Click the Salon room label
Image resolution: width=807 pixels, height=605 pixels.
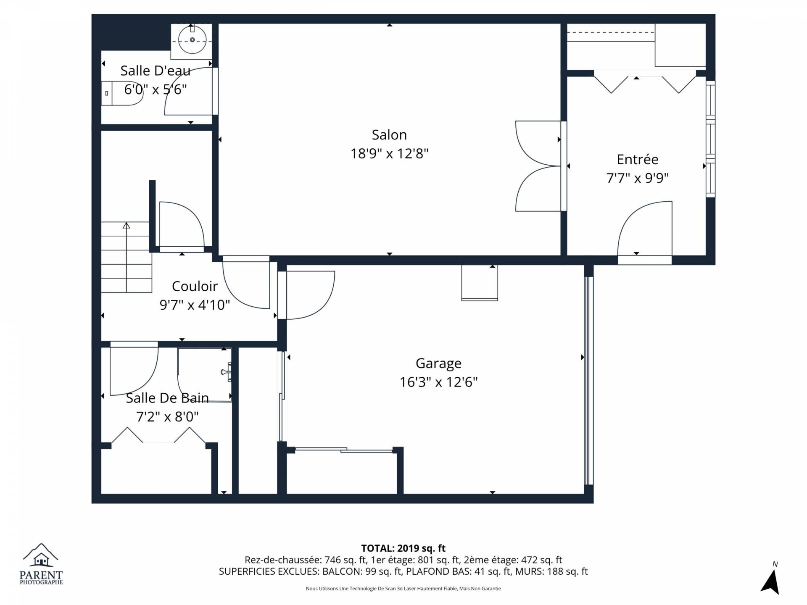[389, 135]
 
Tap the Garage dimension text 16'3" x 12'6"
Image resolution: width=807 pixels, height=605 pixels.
[438, 382]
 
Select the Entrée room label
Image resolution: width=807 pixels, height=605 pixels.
[638, 159]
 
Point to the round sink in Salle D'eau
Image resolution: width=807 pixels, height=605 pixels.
[193, 40]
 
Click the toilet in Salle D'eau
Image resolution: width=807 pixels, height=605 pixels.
[122, 93]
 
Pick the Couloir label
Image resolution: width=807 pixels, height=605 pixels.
[195, 286]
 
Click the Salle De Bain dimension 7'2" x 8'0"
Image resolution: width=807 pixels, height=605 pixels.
[167, 417]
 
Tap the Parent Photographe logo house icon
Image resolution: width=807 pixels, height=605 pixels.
[41, 559]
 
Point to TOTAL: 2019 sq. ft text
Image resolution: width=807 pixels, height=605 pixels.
[403, 548]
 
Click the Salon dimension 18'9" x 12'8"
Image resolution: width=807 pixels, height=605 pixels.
[389, 153]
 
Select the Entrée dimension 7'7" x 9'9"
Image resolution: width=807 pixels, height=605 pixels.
[637, 178]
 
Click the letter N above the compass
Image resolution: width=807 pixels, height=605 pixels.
[775, 564]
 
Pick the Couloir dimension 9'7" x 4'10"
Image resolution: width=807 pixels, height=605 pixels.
[195, 305]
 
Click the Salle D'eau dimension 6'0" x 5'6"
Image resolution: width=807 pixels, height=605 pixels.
[156, 89]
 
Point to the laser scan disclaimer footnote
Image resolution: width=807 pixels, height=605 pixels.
[403, 589]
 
